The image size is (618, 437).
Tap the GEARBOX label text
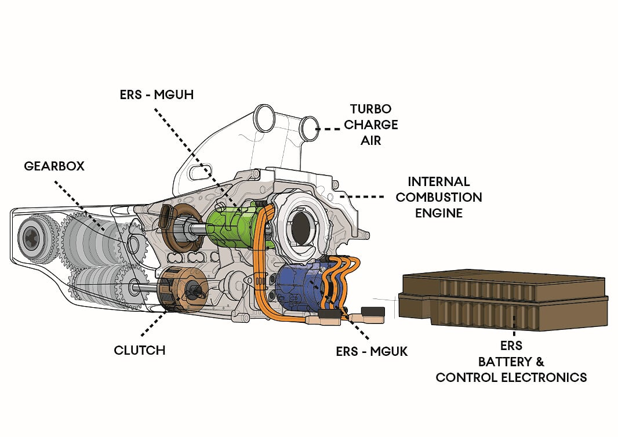click(x=54, y=166)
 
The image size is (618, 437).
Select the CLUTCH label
click(x=139, y=350)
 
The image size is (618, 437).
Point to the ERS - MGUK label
click(x=372, y=351)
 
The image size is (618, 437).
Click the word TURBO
click(x=370, y=109)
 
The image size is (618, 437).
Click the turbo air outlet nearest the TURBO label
click(x=308, y=128)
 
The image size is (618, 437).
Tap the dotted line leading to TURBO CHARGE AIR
click(x=332, y=129)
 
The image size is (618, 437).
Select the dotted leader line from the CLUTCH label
click(x=153, y=322)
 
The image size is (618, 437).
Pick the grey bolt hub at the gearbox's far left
click(x=30, y=237)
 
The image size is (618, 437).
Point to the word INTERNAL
click(x=438, y=181)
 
